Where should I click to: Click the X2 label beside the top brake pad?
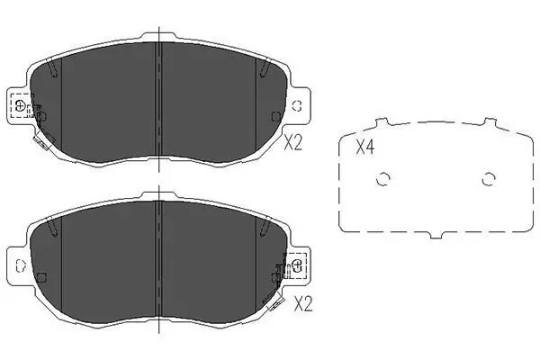292,142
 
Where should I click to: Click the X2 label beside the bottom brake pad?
303,304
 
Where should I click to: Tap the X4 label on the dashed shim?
364,147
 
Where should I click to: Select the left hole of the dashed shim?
382,179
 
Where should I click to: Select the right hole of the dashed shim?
489,179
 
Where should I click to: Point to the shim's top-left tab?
382,122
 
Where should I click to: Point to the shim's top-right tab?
490,121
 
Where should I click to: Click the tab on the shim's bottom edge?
436,235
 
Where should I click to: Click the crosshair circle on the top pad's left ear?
20,105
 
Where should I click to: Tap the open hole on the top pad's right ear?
296,106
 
